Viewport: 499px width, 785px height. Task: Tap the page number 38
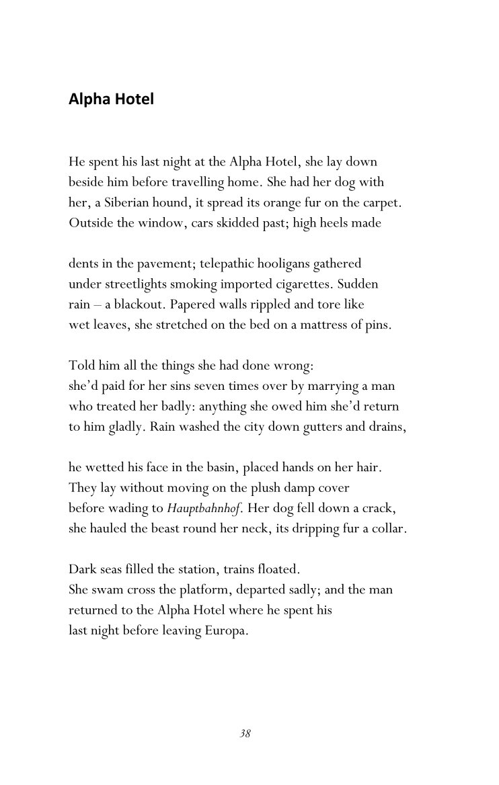click(x=245, y=733)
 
